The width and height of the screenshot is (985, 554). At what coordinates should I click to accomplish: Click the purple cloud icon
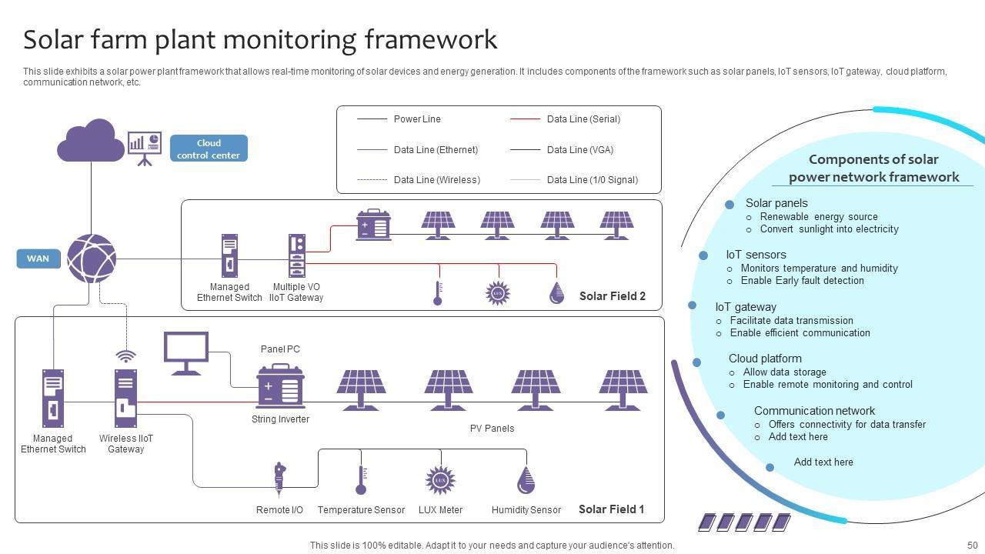pyautogui.click(x=91, y=141)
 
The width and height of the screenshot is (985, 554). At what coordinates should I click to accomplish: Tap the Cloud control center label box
pyautogui.click(x=209, y=149)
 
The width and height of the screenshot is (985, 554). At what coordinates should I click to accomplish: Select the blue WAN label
pyautogui.click(x=38, y=259)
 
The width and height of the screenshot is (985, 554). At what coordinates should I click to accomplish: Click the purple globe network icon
pyautogui.click(x=92, y=259)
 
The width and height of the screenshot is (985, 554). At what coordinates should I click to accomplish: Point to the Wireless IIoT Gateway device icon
pyautogui.click(x=125, y=398)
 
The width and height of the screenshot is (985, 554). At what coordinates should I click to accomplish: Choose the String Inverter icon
pyautogui.click(x=280, y=387)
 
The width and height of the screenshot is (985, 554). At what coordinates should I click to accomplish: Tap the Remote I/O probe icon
pyautogui.click(x=279, y=479)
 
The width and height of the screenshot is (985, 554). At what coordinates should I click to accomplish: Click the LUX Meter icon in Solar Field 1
pyautogui.click(x=440, y=480)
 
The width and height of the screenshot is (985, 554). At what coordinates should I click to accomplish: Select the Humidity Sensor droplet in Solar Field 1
pyautogui.click(x=526, y=480)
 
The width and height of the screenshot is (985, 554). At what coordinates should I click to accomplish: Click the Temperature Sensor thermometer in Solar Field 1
pyautogui.click(x=361, y=480)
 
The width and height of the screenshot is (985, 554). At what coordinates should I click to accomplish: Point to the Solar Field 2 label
pyautogui.click(x=612, y=296)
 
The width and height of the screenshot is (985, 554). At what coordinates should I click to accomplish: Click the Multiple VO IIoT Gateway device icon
pyautogui.click(x=297, y=255)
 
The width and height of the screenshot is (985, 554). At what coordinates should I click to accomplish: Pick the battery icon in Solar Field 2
pyautogui.click(x=373, y=225)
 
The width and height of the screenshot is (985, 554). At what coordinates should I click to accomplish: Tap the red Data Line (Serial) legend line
pyautogui.click(x=525, y=119)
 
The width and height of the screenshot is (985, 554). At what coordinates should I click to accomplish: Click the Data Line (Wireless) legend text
pyautogui.click(x=436, y=180)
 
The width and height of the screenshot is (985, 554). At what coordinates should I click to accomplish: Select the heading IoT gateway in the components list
pyautogui.click(x=745, y=306)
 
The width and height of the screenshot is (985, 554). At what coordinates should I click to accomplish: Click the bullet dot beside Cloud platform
pyautogui.click(x=696, y=362)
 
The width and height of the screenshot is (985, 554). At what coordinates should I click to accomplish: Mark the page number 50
pyautogui.click(x=971, y=545)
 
